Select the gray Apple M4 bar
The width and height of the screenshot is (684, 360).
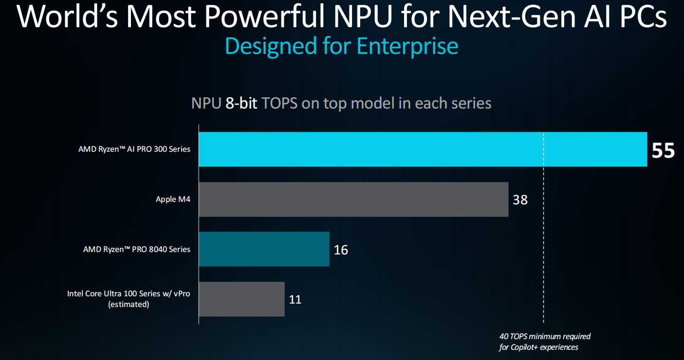click(x=353, y=199)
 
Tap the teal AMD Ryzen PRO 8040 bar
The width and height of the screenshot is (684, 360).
click(x=264, y=249)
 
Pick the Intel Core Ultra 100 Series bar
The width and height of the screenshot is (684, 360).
click(x=241, y=299)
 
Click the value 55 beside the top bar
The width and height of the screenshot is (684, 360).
click(x=663, y=151)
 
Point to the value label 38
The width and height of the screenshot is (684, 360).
click(x=520, y=200)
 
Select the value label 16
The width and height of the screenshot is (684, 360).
click(x=341, y=250)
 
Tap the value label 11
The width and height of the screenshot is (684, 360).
click(x=295, y=299)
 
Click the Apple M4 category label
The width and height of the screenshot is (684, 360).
click(x=173, y=199)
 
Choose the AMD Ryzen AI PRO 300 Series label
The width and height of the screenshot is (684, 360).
click(x=134, y=149)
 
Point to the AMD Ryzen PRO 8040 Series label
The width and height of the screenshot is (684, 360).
click(x=137, y=249)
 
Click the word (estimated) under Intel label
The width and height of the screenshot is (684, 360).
click(x=129, y=305)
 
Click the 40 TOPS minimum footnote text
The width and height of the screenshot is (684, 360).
click(x=545, y=337)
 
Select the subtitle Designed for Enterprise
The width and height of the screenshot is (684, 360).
click(x=341, y=46)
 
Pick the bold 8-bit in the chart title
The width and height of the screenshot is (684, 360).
click(x=241, y=103)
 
